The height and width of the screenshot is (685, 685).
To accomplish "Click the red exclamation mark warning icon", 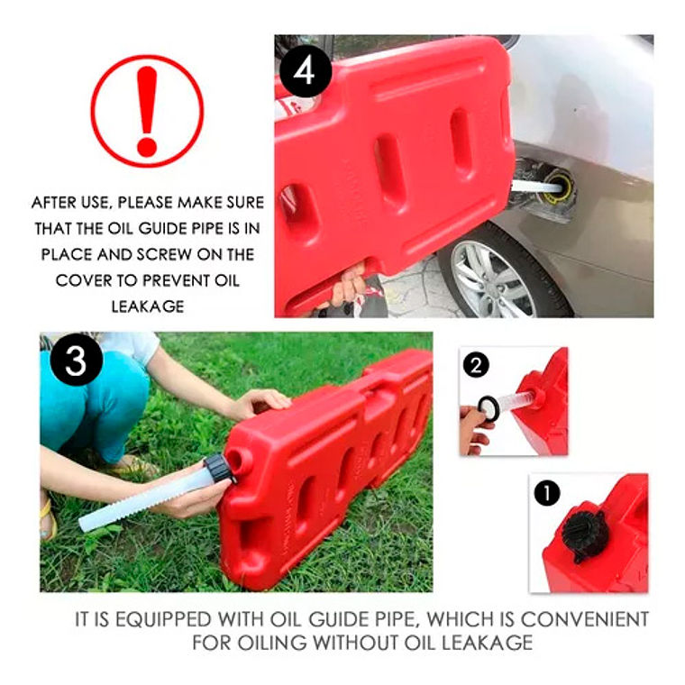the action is (x=147, y=111).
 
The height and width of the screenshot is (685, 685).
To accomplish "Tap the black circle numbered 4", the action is (x=305, y=71).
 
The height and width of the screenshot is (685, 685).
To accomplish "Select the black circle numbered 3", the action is (x=76, y=360).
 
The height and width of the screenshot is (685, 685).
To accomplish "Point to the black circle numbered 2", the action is (x=476, y=365).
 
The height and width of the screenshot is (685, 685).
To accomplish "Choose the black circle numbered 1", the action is (x=546, y=493).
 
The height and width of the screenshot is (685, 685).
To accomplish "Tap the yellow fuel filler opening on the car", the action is (x=558, y=188).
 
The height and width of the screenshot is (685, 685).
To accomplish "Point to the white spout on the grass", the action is (x=144, y=499).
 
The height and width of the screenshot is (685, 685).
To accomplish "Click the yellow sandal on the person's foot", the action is (x=48, y=519).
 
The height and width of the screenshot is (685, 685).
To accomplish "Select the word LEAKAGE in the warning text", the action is (x=148, y=306).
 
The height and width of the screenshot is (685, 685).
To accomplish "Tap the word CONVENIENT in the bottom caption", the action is (x=585, y=619).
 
